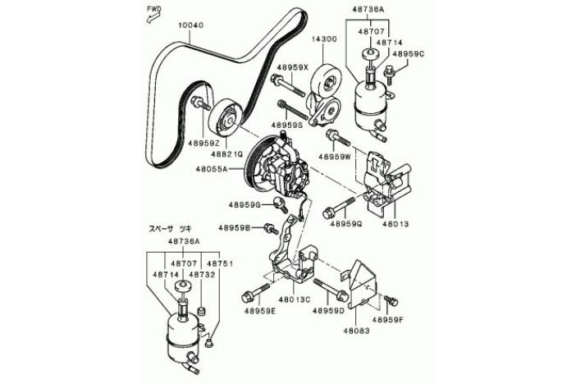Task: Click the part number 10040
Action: tap(190, 25)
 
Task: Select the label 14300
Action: tap(322, 39)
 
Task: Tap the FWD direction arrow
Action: tap(153, 11)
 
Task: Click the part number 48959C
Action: tap(409, 54)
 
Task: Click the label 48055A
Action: tap(212, 170)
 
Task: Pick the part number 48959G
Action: tap(245, 204)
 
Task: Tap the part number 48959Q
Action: tap(345, 223)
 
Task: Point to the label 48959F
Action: tap(388, 320)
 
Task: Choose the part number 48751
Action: tap(222, 263)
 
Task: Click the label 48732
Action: tap(201, 275)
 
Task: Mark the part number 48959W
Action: tap(335, 156)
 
